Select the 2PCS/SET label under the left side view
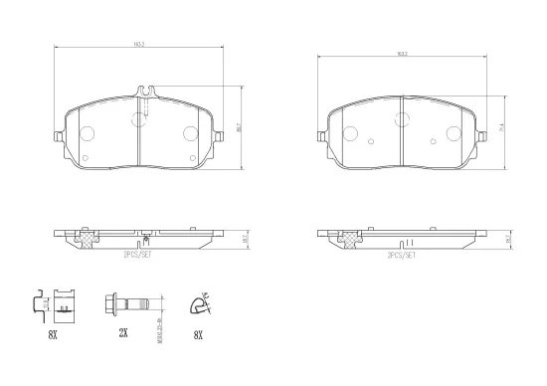point(136,256)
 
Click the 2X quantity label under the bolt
point(123,335)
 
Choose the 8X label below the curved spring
point(198,335)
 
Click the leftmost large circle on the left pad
point(86,133)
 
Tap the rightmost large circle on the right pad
point(453,134)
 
